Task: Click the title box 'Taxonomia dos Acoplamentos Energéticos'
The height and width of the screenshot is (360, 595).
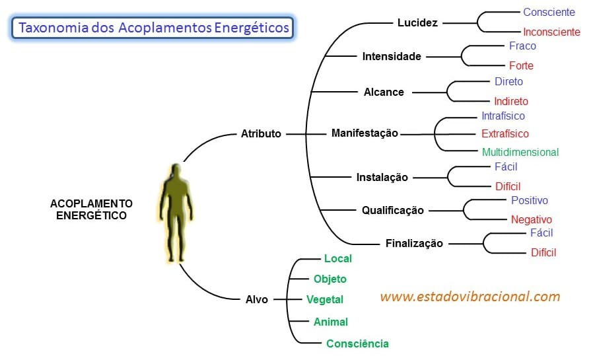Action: click(153, 28)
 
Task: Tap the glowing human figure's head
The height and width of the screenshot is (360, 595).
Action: click(175, 172)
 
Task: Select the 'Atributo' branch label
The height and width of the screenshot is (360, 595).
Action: click(261, 133)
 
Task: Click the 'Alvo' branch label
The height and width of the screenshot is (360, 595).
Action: click(257, 299)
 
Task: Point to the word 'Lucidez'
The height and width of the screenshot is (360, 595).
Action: click(417, 22)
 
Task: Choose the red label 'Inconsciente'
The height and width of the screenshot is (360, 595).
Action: click(551, 32)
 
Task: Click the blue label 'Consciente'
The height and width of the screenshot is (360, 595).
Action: click(549, 12)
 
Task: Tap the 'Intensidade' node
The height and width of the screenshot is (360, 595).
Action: click(392, 57)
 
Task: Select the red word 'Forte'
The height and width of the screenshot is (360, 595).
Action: click(521, 65)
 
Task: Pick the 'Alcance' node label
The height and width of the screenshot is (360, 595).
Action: click(384, 92)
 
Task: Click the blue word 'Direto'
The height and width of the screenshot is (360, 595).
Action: click(508, 81)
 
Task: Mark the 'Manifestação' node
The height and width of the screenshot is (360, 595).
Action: click(365, 133)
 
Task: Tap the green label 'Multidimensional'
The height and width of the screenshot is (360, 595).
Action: click(520, 152)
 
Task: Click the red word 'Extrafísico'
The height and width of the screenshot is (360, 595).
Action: click(505, 133)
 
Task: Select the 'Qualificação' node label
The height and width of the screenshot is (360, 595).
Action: click(392, 211)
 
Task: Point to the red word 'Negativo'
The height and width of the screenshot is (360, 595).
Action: click(531, 219)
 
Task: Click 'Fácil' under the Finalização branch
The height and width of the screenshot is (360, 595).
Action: click(542, 233)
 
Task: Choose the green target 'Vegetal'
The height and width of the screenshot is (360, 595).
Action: click(325, 299)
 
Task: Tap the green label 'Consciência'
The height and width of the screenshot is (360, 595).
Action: click(357, 343)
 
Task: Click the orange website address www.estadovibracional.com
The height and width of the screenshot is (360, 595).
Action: click(470, 297)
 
